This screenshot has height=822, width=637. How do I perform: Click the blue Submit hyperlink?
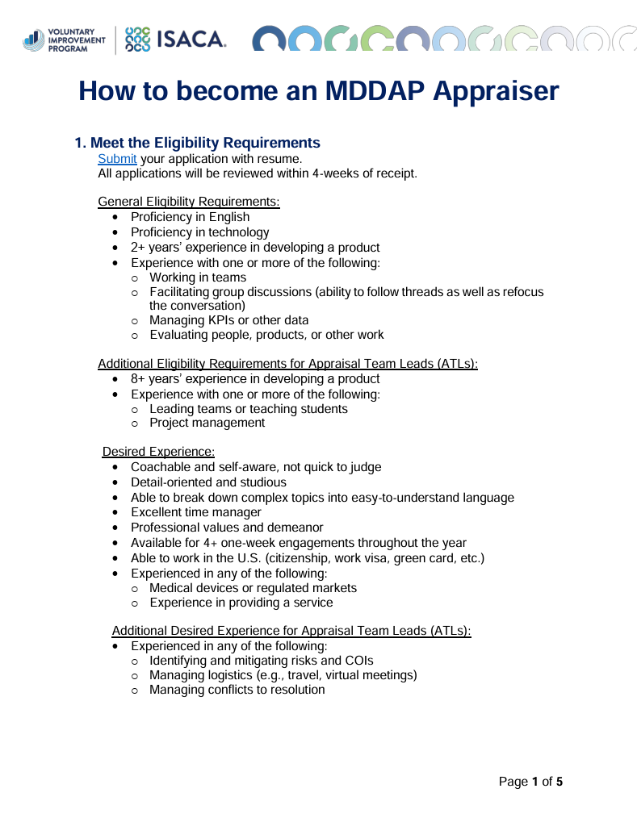(x=117, y=159)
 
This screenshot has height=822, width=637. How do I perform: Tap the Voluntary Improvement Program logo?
(x=65, y=39)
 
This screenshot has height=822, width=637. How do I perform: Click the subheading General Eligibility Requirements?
(x=189, y=201)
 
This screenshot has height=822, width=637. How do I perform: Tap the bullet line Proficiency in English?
(x=190, y=217)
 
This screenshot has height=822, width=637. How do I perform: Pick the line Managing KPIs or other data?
(x=228, y=320)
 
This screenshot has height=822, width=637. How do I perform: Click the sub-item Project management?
(x=207, y=423)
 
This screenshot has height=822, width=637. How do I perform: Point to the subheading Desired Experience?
(x=158, y=452)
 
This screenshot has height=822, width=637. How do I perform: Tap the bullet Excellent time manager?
(x=196, y=512)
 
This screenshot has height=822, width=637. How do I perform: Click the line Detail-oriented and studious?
(x=208, y=482)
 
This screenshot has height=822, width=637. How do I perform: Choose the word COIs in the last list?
(x=358, y=661)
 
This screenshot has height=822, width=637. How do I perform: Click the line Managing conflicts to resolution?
(x=237, y=690)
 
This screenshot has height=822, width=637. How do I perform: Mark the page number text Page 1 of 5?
(x=530, y=782)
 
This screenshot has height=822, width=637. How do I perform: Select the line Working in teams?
(x=198, y=277)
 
